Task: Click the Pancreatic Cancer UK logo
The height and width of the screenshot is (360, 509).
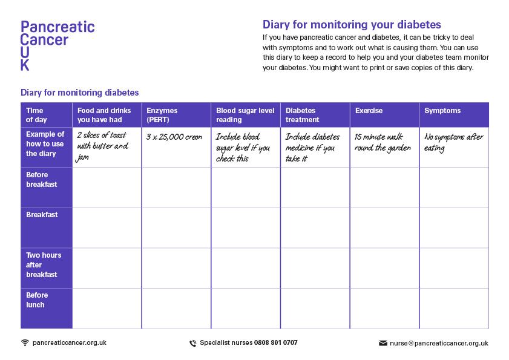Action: pyautogui.click(x=57, y=45)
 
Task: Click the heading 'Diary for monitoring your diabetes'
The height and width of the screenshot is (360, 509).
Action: pyautogui.click(x=352, y=25)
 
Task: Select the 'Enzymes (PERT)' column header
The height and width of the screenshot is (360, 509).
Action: pyautogui.click(x=162, y=115)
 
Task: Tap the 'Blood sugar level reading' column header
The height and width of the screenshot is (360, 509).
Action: pyautogui.click(x=245, y=115)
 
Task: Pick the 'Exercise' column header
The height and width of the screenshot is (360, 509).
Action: pyautogui.click(x=369, y=111)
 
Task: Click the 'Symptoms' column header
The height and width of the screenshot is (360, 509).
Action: pyautogui.click(x=442, y=111)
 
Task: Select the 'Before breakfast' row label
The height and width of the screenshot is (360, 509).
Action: pyautogui.click(x=42, y=180)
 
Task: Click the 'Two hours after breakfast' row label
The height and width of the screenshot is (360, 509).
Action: pyautogui.click(x=43, y=265)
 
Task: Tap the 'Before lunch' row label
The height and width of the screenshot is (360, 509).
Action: pyautogui.click(x=37, y=300)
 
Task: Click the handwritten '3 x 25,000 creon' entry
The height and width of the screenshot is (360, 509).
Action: pyautogui.click(x=174, y=137)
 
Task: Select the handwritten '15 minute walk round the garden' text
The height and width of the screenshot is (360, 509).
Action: pyautogui.click(x=383, y=142)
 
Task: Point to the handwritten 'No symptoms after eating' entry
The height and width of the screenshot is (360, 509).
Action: pyautogui.click(x=453, y=142)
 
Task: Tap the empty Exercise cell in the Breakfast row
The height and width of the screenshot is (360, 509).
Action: pyautogui.click(x=384, y=227)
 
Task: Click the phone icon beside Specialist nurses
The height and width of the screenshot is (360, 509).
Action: pyautogui.click(x=193, y=343)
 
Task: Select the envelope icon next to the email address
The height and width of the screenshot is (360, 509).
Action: pyautogui.click(x=383, y=343)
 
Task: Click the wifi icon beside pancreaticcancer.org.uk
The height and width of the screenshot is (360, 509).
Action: pyautogui.click(x=25, y=342)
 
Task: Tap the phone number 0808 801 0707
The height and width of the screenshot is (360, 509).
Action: pyautogui.click(x=275, y=342)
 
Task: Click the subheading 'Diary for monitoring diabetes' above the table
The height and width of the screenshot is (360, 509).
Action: pyautogui.click(x=80, y=93)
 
